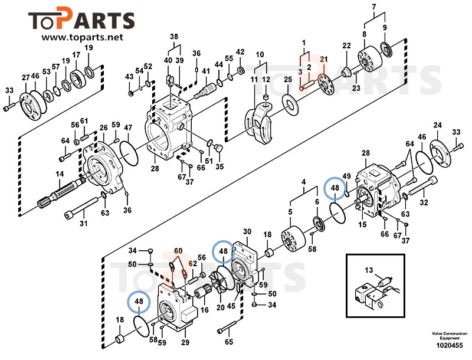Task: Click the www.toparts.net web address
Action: pos(82,38)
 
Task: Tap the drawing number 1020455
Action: pos(449,345)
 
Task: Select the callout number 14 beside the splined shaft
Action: pos(60,174)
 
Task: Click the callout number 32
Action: pos(424,203)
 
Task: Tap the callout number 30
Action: pos(247,231)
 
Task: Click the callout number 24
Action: pos(437,125)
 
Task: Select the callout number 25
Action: pos(288,80)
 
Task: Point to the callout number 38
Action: pos(174,37)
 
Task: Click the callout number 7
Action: pos(373,7)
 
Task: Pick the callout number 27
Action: pos(25,77)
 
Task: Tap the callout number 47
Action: pos(128,128)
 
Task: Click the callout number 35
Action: pos(219,167)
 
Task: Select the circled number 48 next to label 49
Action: pos(335,188)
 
